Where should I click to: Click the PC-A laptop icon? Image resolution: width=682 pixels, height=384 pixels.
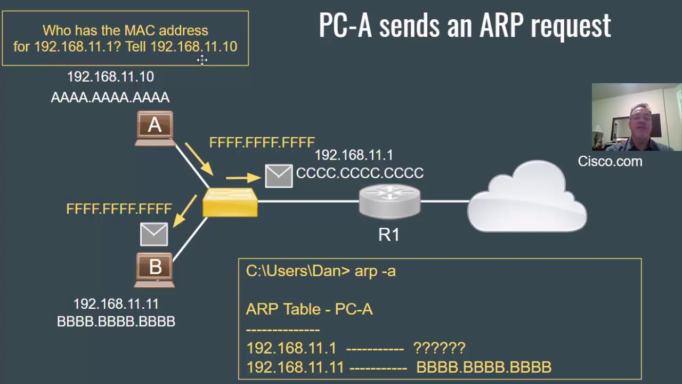point(155,128)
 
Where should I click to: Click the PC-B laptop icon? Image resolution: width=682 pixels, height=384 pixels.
point(155,270)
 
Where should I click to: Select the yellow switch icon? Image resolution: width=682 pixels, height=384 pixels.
point(230,203)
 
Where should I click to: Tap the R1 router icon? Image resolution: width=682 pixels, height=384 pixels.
point(389,202)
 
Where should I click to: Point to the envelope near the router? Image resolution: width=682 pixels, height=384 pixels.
point(279,176)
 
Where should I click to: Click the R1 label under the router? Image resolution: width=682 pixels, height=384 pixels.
point(388,235)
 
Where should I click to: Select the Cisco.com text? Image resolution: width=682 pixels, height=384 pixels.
point(610,162)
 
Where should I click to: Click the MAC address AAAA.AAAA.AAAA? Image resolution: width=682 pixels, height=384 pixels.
point(110,97)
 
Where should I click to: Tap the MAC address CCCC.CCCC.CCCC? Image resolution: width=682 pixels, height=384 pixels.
point(360,173)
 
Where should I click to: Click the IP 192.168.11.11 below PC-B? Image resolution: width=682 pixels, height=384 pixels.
point(116,304)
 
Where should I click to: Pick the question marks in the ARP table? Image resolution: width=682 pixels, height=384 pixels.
point(439,348)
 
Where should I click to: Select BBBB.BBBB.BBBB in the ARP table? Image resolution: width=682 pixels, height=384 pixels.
point(483,367)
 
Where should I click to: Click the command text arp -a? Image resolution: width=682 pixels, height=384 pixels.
point(375,271)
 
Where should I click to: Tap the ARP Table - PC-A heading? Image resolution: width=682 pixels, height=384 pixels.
point(309,309)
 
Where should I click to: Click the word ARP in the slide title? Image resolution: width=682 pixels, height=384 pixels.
point(502,26)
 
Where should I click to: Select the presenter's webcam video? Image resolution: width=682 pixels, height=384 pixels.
point(636,117)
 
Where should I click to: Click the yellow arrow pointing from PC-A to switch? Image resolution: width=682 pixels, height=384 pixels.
point(199,158)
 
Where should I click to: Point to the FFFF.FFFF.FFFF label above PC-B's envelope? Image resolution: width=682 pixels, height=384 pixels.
point(119,209)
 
